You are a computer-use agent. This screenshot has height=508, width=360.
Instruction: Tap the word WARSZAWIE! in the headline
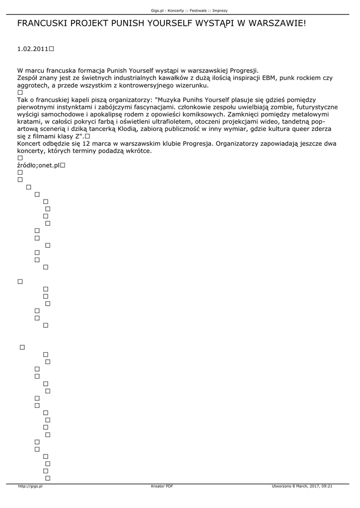click(278, 23)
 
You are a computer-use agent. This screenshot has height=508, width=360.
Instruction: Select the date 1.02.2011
click(32, 49)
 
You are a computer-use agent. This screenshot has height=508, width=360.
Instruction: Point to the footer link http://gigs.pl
click(30, 486)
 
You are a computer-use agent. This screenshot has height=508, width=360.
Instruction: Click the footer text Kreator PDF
click(162, 486)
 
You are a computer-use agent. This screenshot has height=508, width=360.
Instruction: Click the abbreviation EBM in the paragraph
click(266, 78)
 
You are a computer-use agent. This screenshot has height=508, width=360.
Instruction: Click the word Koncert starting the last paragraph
click(31, 143)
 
